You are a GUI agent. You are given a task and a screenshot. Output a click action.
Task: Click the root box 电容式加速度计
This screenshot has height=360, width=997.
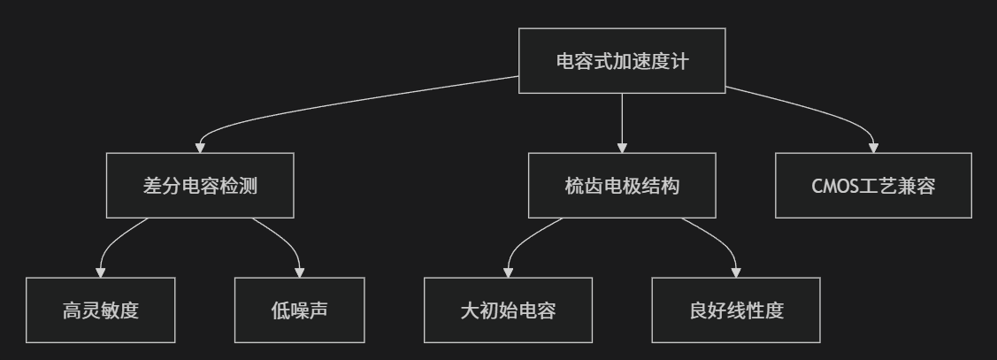(x=622, y=61)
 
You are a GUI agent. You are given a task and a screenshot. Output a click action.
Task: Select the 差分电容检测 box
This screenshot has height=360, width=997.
(x=200, y=186)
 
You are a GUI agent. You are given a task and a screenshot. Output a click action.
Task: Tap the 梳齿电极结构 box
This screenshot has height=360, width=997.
(x=622, y=186)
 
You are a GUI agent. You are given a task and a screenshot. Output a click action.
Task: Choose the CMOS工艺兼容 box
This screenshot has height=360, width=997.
(x=874, y=186)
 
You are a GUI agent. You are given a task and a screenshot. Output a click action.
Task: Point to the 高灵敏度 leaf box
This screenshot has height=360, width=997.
(x=101, y=310)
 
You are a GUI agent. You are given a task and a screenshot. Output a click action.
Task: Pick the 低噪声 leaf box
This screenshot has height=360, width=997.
(x=300, y=310)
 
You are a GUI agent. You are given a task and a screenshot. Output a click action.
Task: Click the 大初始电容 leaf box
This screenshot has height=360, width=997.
(x=508, y=310)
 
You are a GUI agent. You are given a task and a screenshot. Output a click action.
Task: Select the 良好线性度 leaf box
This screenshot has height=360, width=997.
(x=736, y=310)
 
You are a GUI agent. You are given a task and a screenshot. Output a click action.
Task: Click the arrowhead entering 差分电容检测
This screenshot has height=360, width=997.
(x=201, y=148)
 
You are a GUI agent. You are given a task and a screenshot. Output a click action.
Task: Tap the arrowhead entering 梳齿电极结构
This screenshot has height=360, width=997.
(x=622, y=148)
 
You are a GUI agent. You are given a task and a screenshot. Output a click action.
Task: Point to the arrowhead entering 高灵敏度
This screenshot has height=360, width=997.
(x=101, y=272)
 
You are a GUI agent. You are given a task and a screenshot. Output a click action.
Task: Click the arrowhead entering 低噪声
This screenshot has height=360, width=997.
(x=300, y=272)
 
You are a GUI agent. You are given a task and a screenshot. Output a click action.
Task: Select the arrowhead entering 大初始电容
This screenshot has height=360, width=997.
(x=508, y=272)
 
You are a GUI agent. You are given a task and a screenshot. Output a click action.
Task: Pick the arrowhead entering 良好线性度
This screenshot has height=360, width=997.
(x=736, y=272)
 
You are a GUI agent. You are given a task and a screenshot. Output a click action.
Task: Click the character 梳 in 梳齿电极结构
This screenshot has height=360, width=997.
(x=574, y=187)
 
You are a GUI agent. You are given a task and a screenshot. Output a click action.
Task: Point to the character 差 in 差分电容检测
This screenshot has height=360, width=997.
(x=152, y=187)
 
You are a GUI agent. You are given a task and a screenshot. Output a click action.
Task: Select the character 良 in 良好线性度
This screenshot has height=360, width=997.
(x=697, y=311)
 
